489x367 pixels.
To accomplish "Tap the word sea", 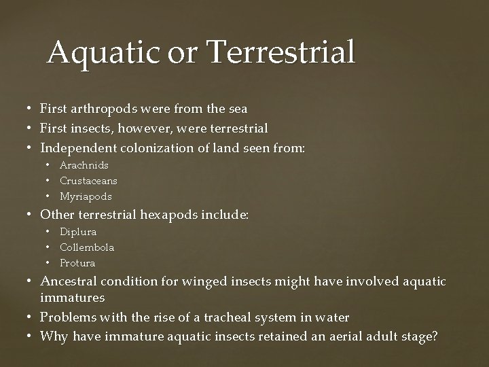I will click(x=237, y=109).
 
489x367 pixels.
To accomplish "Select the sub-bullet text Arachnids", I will click(x=84, y=165).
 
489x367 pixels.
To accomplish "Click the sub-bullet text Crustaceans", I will click(x=88, y=181).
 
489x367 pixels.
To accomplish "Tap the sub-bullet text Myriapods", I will click(x=86, y=196).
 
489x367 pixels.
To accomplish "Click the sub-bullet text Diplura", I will click(x=78, y=232).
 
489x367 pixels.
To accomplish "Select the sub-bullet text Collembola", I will click(x=87, y=247).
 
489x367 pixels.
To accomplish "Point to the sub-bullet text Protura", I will click(x=77, y=263).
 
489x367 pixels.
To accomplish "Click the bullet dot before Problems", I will click(x=31, y=317).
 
